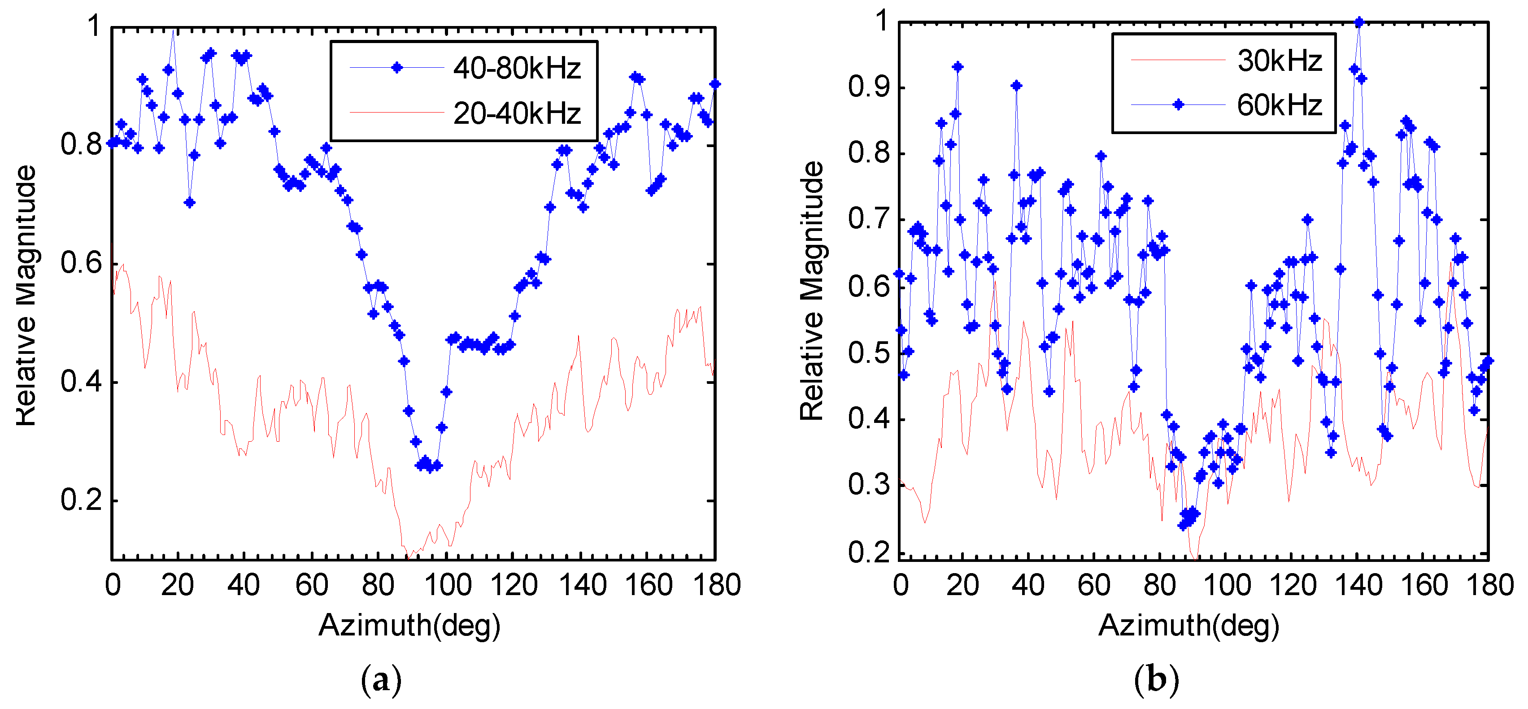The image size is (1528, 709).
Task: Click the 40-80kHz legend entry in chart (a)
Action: click(516, 68)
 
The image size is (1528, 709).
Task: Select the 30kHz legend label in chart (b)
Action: click(1280, 61)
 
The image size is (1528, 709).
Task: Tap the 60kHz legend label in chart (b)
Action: click(1280, 105)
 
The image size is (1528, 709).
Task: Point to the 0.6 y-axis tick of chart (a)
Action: click(81, 263)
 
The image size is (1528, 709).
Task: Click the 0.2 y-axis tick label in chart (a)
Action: click(81, 500)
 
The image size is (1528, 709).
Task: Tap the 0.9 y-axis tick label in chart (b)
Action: click(869, 87)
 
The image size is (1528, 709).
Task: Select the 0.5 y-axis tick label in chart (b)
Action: click(869, 353)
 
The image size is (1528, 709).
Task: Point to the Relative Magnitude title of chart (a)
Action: click(26, 295)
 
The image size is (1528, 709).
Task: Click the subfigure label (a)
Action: click(381, 680)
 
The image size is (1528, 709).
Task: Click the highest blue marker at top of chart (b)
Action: click(1359, 22)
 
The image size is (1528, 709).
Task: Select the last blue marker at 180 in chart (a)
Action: click(715, 84)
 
